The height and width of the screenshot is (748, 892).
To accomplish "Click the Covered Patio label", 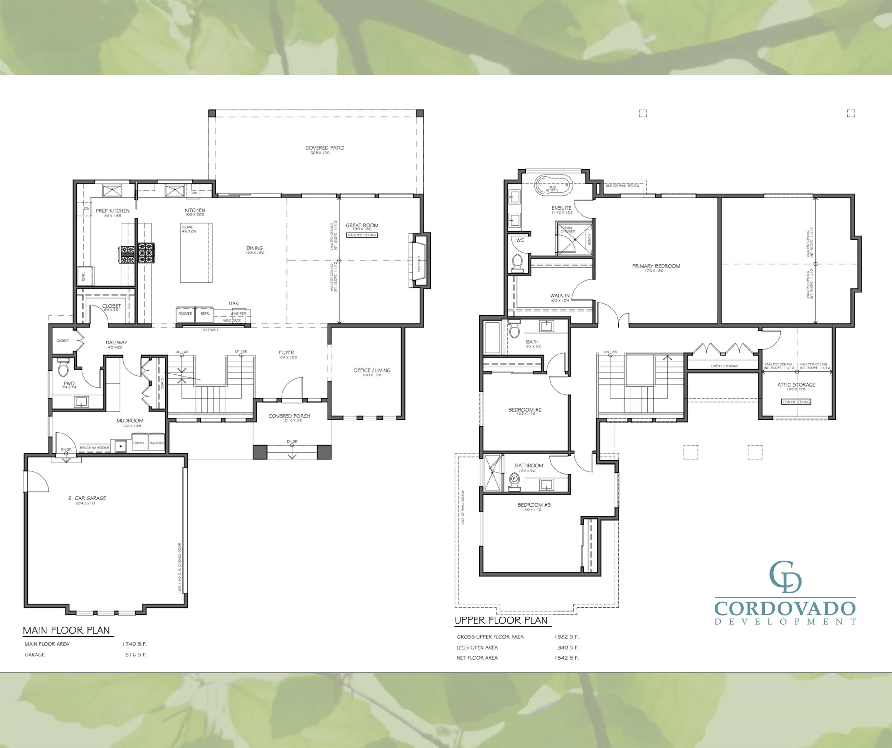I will [325, 148].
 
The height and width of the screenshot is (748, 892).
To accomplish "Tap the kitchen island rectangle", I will [196, 253].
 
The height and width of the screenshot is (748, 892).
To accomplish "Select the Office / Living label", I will [372, 370].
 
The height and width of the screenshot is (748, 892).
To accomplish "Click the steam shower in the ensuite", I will [574, 239].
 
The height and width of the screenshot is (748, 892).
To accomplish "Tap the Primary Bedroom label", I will [656, 266].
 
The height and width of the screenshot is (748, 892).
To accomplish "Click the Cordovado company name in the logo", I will [784, 608].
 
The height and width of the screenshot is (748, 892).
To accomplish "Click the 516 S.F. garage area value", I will [136, 655].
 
